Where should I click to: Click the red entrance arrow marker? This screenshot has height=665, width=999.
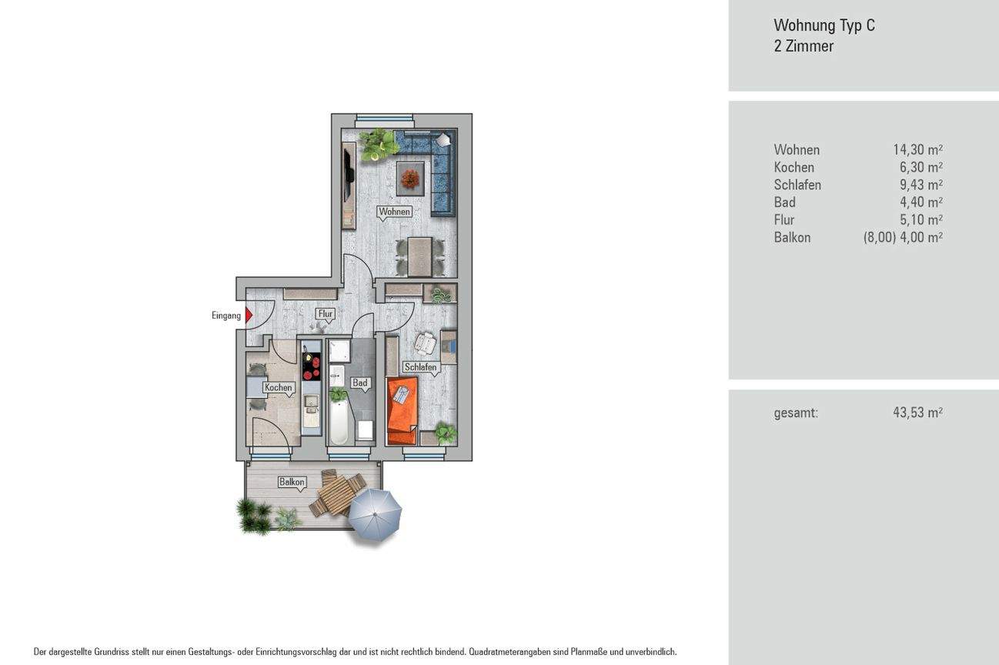[249, 315]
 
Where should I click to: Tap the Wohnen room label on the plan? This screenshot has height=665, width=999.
[394, 212]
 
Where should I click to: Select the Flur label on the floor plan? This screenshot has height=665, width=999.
[326, 313]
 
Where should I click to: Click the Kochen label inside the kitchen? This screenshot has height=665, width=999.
[278, 387]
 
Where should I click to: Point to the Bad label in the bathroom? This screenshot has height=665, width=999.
[359, 383]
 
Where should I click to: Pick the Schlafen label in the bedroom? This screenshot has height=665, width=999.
[420, 367]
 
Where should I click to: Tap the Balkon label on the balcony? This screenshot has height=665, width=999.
[292, 483]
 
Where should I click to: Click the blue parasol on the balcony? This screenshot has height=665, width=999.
[375, 511]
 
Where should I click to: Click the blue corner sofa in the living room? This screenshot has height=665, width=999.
[436, 165]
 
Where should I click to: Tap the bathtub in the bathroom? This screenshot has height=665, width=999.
[339, 422]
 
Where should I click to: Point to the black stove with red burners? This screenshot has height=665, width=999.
[311, 366]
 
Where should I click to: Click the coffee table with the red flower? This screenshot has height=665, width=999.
[409, 179]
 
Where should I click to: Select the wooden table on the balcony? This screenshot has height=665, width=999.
[336, 495]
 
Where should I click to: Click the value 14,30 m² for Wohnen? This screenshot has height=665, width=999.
[917, 150]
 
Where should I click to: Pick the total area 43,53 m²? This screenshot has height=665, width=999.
[917, 413]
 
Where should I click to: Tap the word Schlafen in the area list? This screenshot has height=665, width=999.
[797, 185]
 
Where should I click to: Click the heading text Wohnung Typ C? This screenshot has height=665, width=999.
[824, 25]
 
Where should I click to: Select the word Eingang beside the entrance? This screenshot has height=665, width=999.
[226, 316]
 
